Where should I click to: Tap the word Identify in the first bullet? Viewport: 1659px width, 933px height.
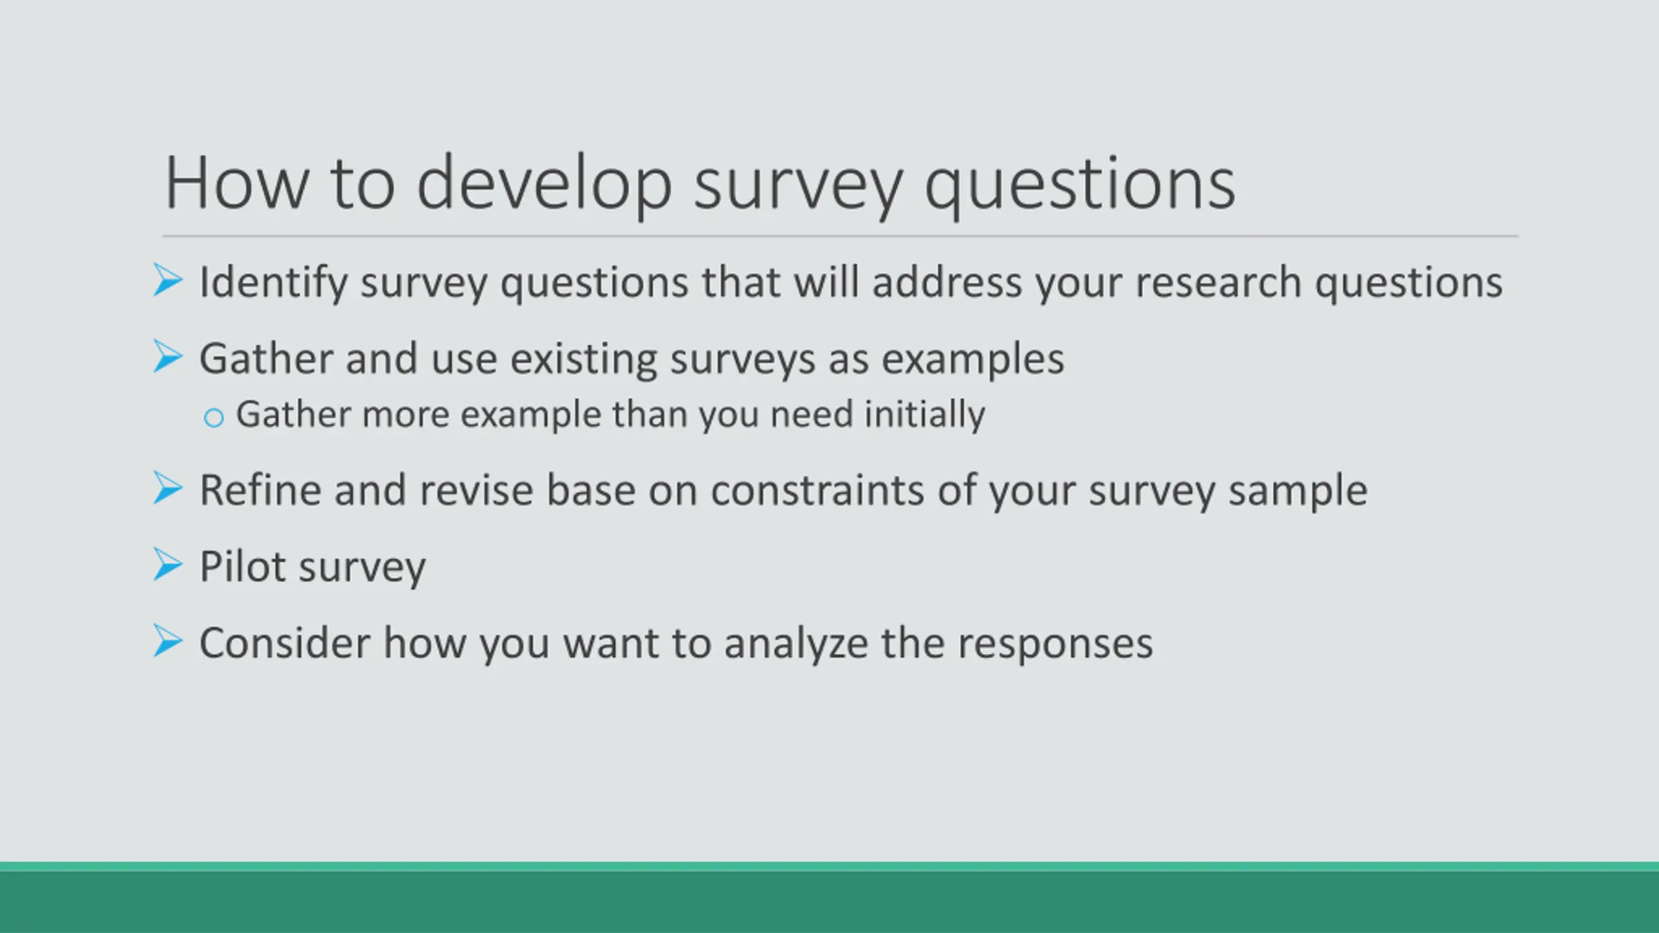point(273,284)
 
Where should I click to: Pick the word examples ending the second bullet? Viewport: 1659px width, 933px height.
point(973,360)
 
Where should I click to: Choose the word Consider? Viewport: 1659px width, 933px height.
point(284,643)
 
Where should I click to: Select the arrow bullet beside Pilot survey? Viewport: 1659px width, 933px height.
point(168,564)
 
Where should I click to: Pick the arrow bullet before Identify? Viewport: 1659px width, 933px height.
point(168,280)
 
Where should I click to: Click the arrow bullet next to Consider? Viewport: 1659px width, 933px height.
point(168,641)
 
